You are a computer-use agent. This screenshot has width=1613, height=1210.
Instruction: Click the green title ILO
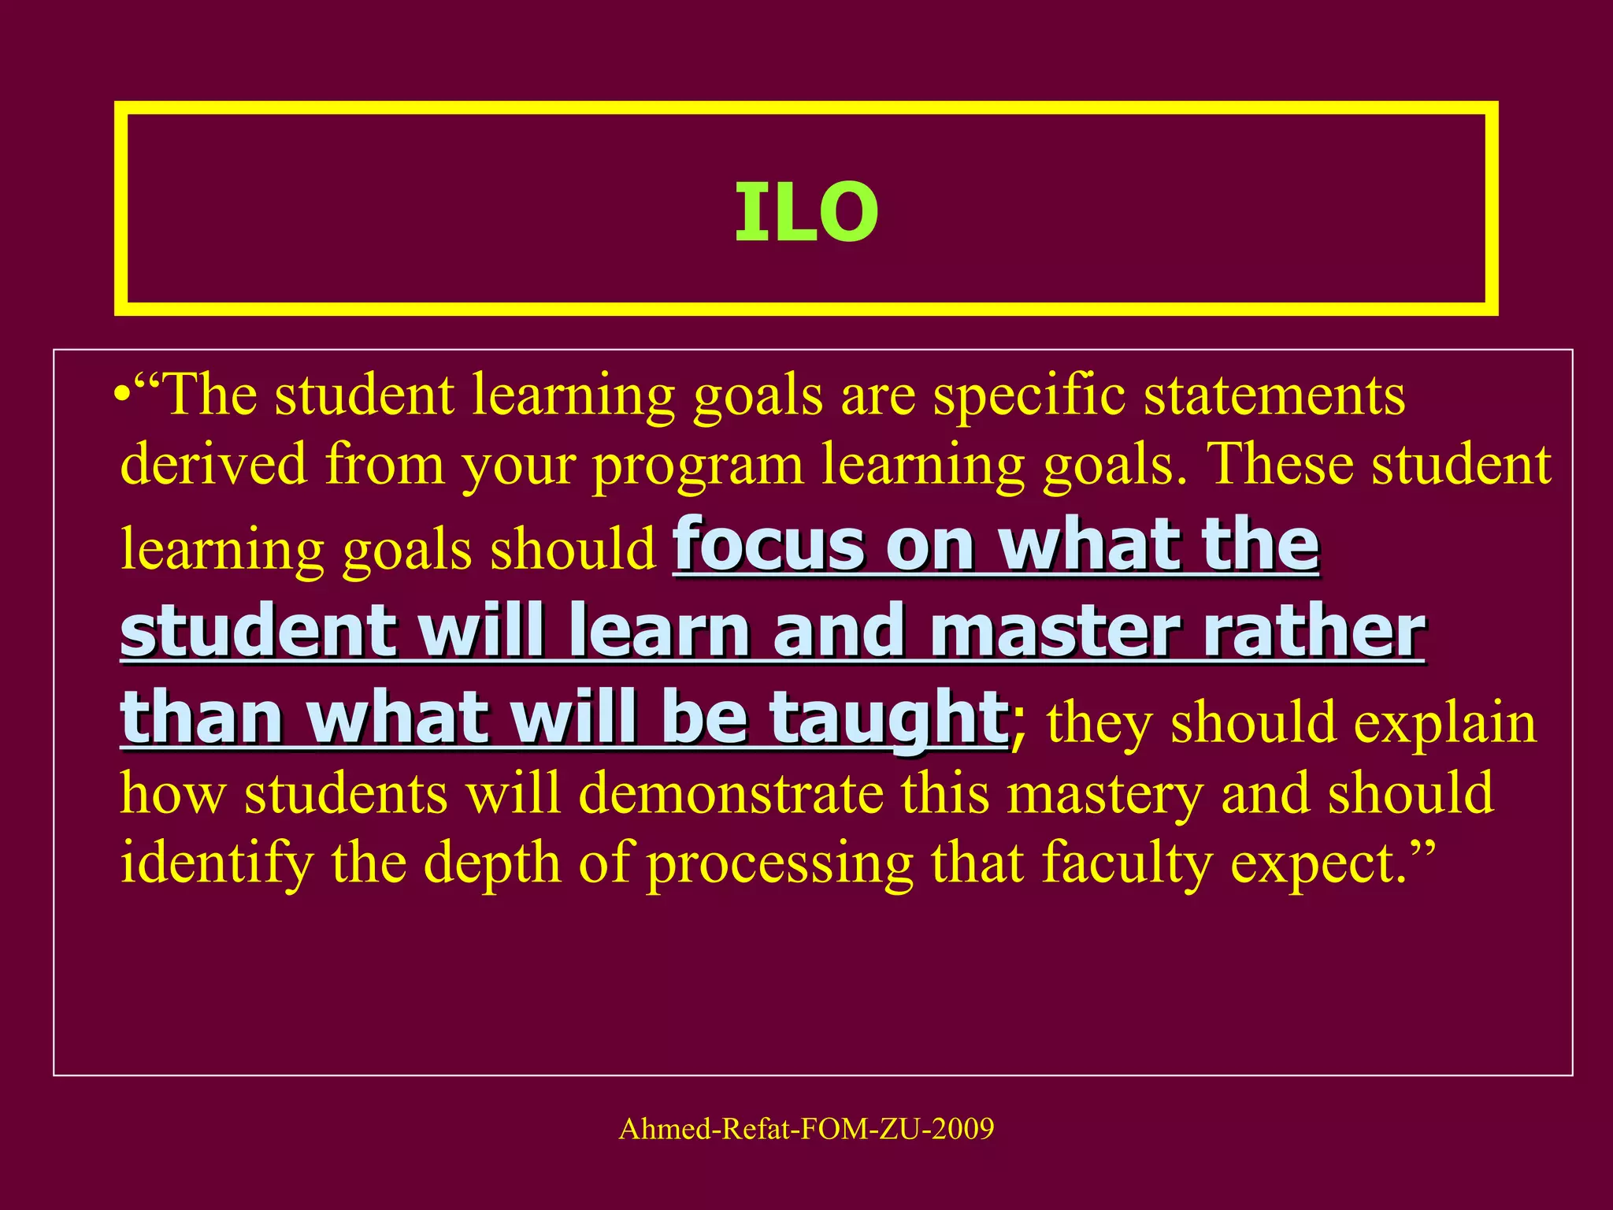point(806,211)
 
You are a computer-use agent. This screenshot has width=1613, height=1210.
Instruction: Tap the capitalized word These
point(1279,465)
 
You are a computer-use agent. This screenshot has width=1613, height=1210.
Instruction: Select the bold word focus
point(769,544)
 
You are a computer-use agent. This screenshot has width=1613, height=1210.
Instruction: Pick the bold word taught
point(886,718)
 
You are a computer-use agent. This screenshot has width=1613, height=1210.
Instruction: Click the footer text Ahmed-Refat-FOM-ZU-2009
point(806,1129)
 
